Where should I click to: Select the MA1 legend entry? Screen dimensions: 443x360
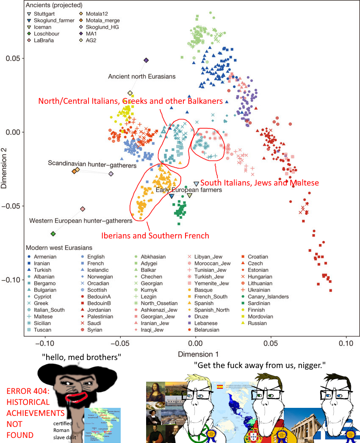click(x=94, y=33)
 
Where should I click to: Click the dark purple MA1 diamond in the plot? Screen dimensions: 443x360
click(x=146, y=61)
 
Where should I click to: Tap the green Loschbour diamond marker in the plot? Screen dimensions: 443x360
click(x=53, y=234)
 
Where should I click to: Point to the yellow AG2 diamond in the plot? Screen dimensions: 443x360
click(x=130, y=93)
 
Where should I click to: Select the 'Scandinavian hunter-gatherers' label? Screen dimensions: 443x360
click(x=92, y=163)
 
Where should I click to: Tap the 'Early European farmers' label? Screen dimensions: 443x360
click(x=188, y=190)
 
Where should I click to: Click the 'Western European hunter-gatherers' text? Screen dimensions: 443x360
click(x=80, y=221)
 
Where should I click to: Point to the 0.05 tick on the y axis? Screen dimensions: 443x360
click(x=13, y=58)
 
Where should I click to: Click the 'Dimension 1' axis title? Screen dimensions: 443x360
click(x=195, y=354)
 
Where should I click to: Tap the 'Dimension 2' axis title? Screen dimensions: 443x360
click(x=5, y=169)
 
